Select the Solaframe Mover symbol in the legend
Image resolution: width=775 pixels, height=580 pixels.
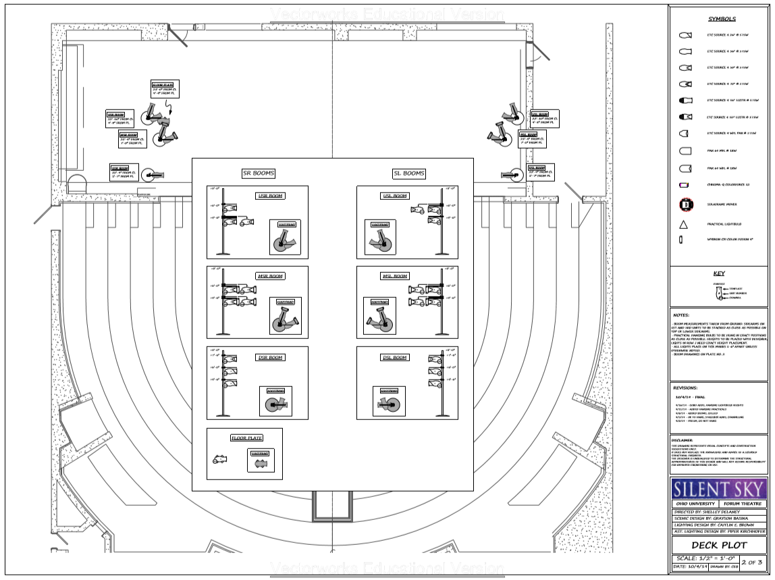684,203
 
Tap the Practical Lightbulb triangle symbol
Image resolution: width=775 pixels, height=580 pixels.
683,223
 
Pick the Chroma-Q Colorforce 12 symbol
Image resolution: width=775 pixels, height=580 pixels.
683,184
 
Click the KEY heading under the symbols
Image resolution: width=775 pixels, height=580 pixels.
718,273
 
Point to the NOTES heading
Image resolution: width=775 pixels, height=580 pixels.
682,315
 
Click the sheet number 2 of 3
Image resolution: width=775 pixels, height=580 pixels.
753,562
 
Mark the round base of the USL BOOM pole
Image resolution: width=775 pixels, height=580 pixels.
442,254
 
